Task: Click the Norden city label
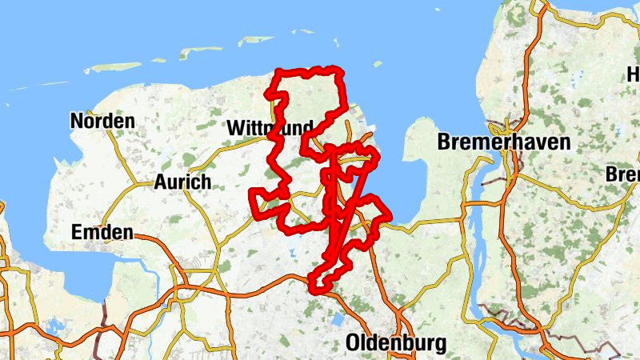coord(102,122)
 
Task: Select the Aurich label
coord(182,182)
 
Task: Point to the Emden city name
coord(102,233)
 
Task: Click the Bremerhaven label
coord(504,143)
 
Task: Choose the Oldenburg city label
coord(396,343)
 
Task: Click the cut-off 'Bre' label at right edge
coord(622,174)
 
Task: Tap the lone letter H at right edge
coord(633,74)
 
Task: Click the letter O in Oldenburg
coord(354,343)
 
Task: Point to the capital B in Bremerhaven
coord(445,143)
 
